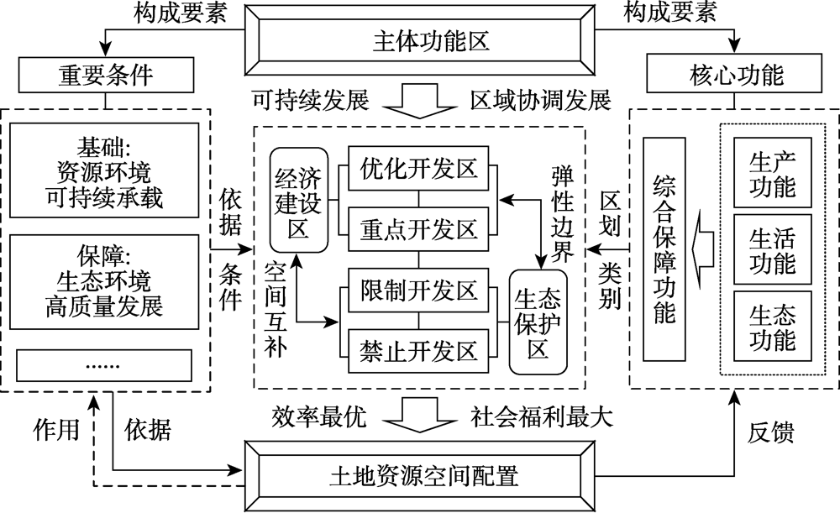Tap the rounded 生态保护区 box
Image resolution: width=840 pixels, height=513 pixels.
538,321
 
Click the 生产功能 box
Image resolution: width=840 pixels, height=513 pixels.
771,171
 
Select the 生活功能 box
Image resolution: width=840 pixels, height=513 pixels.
771,250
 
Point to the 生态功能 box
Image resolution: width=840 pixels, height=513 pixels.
771,328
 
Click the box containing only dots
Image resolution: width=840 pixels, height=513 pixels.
105,367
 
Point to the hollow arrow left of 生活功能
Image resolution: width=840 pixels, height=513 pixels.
703,250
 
